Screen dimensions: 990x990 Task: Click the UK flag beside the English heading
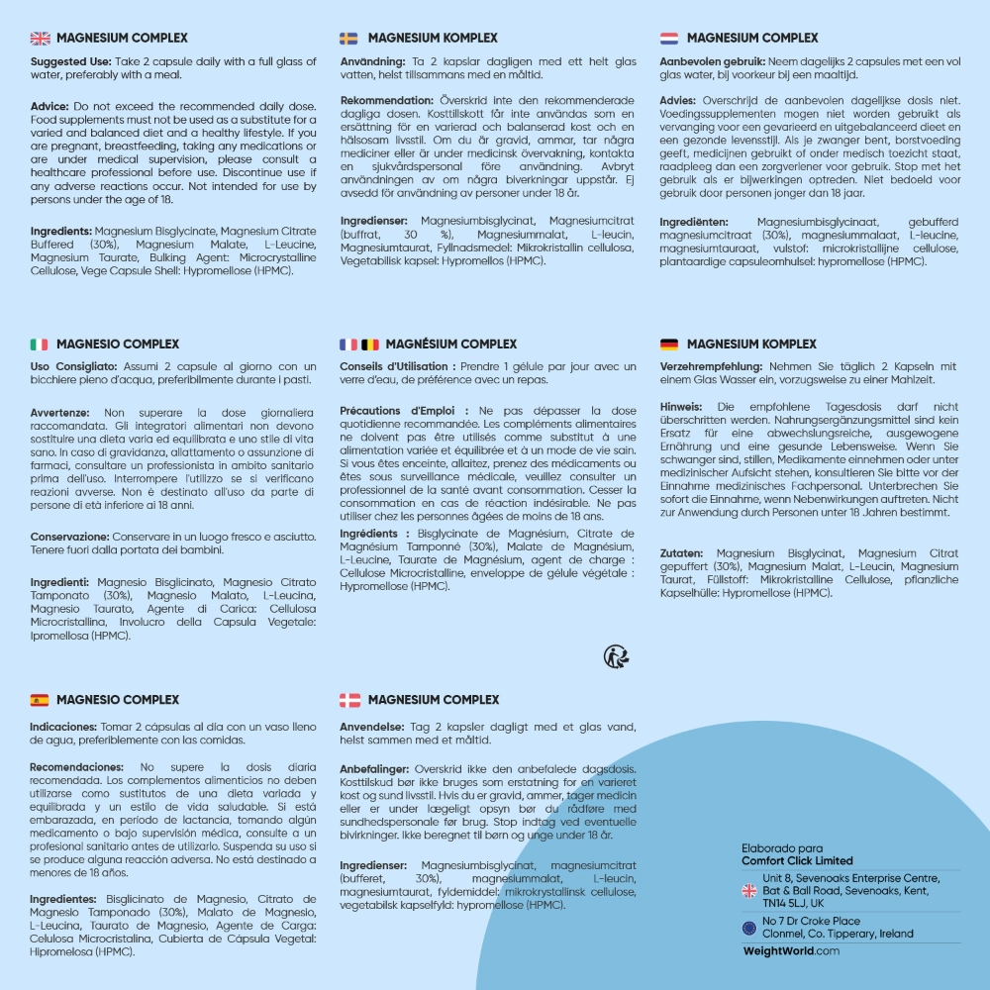pos(40,39)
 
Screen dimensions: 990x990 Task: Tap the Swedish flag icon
pos(348,39)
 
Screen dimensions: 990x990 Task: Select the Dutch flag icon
pos(669,39)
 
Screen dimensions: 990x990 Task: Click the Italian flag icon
pos(39,345)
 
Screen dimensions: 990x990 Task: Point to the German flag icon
pos(669,345)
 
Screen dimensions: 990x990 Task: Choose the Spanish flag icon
pos(39,700)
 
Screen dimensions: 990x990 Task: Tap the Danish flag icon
pos(349,700)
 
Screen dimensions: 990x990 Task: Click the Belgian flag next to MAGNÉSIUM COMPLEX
pos(369,345)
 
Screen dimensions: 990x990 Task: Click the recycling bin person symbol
pos(617,656)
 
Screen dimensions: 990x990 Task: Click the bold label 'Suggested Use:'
pos(70,62)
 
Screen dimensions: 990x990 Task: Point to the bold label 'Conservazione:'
pos(74,537)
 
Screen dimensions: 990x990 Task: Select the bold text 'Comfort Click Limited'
pos(797,861)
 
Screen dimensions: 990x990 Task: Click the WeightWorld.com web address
pos(791,950)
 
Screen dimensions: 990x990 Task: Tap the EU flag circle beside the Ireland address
pos(749,928)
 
